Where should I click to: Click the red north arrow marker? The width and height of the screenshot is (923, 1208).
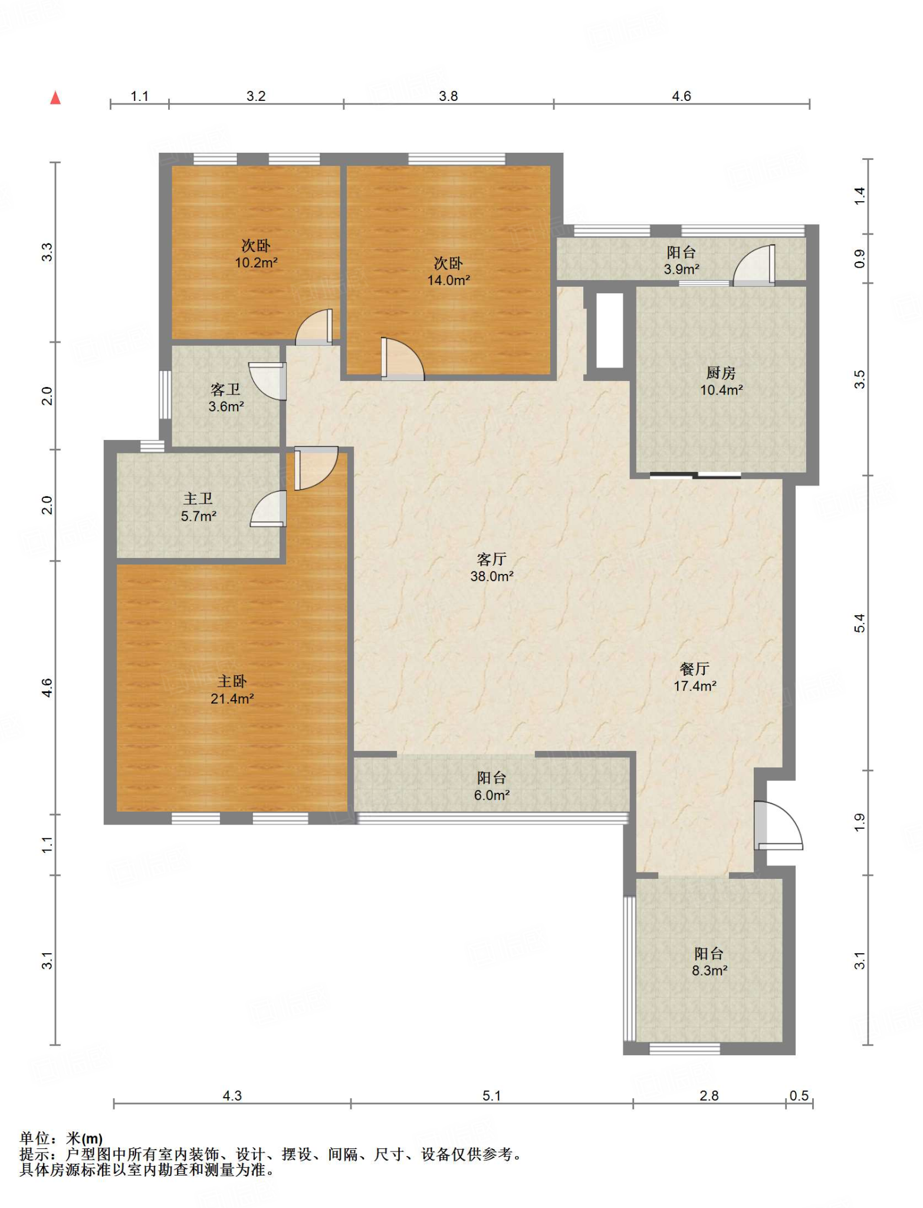[55, 97]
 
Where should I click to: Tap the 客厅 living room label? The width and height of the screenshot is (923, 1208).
[491, 559]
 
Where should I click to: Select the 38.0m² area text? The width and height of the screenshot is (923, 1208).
[492, 576]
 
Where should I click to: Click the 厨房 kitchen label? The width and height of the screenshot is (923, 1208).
[721, 373]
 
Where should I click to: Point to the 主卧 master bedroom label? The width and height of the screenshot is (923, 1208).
[232, 681]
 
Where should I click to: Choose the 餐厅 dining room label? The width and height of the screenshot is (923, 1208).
[694, 668]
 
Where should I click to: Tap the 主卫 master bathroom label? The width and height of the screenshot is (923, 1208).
[198, 499]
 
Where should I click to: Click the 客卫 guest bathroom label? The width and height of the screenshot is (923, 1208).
[225, 389]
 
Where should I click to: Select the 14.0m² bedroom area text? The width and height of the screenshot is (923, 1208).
[449, 280]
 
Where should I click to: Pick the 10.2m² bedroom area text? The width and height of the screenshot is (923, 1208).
[257, 262]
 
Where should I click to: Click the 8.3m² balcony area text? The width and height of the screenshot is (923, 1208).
[710, 970]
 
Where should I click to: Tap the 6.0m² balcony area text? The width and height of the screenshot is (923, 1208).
[492, 795]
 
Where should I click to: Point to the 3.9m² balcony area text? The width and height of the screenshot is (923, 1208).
[682, 269]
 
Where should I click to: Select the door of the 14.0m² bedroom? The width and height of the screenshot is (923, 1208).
[403, 359]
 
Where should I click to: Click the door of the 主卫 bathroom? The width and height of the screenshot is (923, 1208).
[268, 508]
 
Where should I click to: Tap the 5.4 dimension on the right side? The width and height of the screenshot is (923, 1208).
[860, 623]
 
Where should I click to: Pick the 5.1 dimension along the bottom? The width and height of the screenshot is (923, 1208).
[491, 1095]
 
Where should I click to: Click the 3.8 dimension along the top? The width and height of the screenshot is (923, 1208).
[448, 96]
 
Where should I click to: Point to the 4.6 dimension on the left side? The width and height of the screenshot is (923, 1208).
[47, 688]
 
